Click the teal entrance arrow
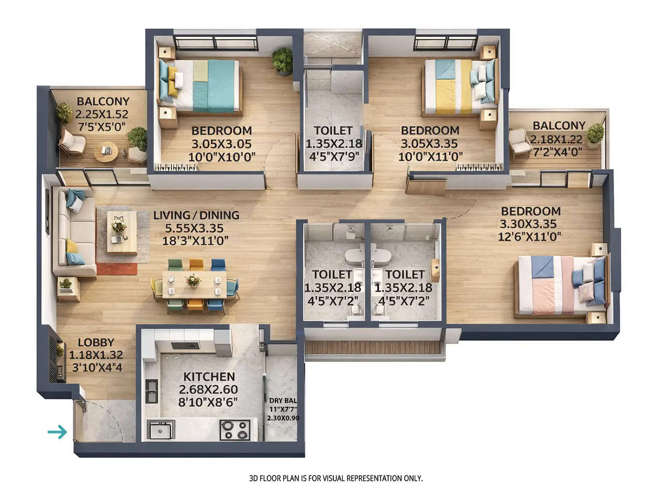(x=57, y=432)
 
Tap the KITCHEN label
(x=209, y=376)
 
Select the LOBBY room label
(x=96, y=343)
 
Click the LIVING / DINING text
(x=196, y=215)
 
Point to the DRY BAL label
(x=283, y=400)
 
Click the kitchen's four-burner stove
(x=235, y=430)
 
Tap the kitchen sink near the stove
(x=160, y=430)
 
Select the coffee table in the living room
(x=121, y=232)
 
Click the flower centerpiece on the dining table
(x=193, y=280)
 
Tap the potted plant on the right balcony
(x=595, y=133)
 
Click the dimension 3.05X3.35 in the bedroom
(x=429, y=144)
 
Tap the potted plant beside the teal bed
(x=282, y=61)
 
